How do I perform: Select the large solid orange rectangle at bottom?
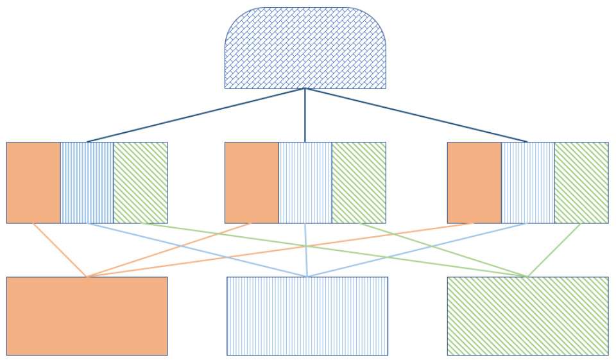coord(87,316)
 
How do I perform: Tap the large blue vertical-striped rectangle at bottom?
coord(307,316)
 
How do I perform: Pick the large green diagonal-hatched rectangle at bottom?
coord(527,316)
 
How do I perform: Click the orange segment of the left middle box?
coord(33,182)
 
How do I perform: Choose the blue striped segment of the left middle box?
coord(87,182)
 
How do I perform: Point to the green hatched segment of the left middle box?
coord(141,182)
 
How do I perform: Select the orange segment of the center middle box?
coord(252,182)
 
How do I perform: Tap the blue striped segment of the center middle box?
coord(305,182)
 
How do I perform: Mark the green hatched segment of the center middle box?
coord(359,182)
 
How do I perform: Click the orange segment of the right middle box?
coord(474,182)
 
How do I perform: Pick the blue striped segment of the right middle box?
coord(527,182)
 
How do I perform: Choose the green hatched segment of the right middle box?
coord(581,182)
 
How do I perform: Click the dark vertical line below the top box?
coord(305,116)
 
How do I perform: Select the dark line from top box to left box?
coord(196,115)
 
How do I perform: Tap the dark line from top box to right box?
coord(416,115)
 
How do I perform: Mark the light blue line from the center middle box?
coord(306,250)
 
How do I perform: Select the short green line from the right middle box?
coord(554,250)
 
